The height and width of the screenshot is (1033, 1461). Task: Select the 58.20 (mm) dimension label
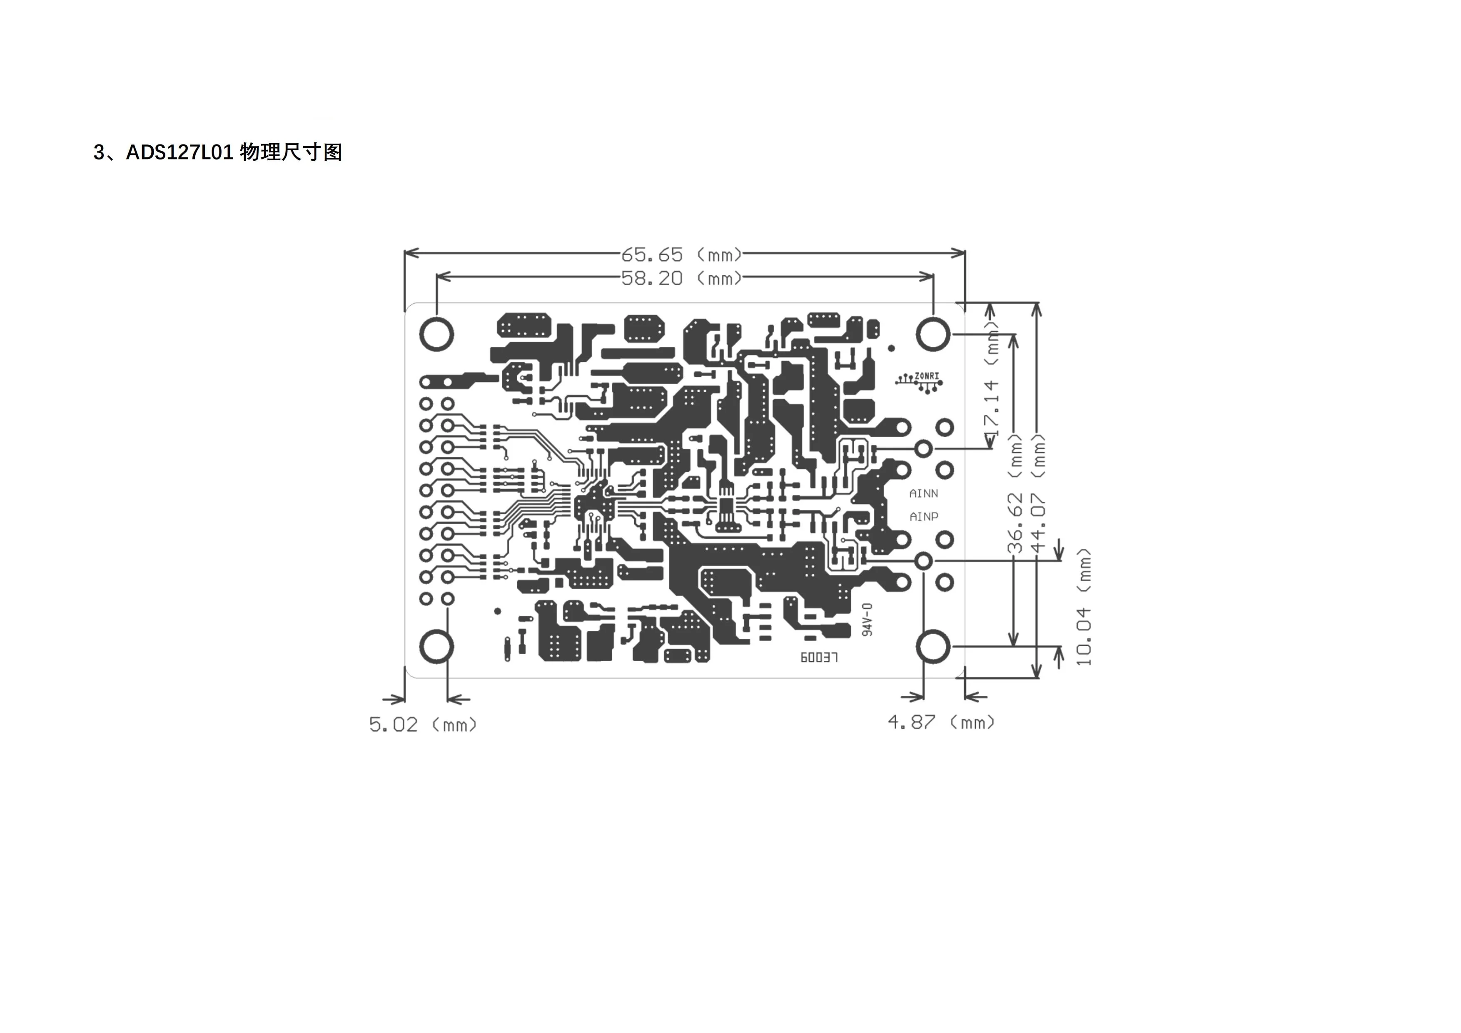[x=681, y=278]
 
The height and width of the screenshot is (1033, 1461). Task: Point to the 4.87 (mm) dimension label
[x=940, y=722]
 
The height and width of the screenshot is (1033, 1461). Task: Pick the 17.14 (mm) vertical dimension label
[x=991, y=378]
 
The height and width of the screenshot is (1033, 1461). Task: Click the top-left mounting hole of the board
[x=436, y=334]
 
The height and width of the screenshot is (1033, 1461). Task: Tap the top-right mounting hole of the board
[x=933, y=334]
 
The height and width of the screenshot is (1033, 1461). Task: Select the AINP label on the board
[x=923, y=516]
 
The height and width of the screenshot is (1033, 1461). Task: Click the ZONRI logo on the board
[x=920, y=381]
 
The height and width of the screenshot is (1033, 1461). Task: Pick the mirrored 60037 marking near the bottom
[x=819, y=657]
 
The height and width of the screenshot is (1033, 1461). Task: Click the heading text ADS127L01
[x=180, y=153]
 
